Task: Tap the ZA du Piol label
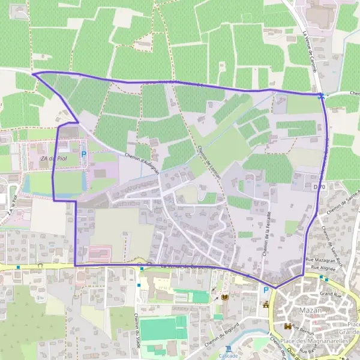coord(52,158)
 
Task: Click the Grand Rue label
coord(330,294)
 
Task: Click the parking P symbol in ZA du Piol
coord(83,154)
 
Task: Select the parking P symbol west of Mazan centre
coord(265,290)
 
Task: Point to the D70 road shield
coord(319,187)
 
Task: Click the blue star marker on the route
coord(322,95)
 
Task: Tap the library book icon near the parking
coord(226,298)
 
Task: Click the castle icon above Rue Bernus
coord(287,326)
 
